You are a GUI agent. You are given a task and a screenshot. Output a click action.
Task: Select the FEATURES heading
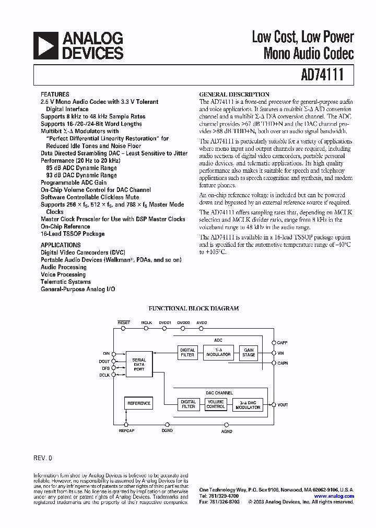click(54, 95)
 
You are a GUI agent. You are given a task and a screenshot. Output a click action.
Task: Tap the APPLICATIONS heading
click(61, 245)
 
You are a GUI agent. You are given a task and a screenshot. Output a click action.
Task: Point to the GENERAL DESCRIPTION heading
click(234, 94)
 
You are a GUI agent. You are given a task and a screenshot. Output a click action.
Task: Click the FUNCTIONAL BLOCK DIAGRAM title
click(194, 308)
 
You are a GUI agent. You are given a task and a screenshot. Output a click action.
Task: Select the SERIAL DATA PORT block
click(139, 364)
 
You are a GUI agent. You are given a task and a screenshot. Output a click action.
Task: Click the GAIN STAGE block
click(249, 353)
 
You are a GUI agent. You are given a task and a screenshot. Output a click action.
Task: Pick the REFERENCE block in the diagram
click(139, 403)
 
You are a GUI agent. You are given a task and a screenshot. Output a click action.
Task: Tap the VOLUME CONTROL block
click(215, 404)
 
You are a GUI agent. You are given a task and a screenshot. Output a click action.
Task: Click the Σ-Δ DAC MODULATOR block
click(247, 405)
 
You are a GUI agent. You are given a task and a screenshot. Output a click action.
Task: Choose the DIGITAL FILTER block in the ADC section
click(187, 353)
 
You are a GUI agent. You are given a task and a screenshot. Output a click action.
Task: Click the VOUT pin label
click(283, 405)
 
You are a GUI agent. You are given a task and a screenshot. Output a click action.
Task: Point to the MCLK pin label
click(147, 323)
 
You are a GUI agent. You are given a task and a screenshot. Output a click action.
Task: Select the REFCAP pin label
click(126, 431)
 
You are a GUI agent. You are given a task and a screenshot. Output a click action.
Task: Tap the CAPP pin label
click(283, 343)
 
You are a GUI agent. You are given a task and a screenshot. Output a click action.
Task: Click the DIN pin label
click(107, 353)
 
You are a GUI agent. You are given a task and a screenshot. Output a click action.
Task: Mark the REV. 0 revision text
click(43, 458)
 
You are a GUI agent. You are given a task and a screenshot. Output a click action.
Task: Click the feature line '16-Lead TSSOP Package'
click(73, 234)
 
